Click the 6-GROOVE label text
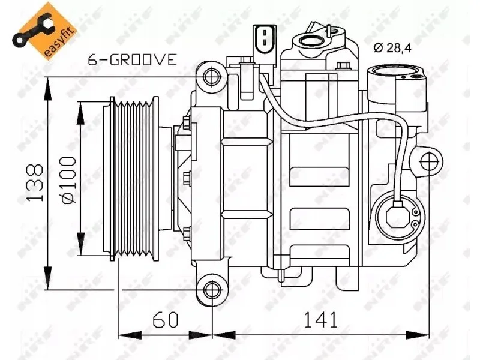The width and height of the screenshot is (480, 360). pos(132,59)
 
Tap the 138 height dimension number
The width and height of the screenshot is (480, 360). pos(35,183)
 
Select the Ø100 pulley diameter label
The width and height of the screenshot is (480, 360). pos(68,180)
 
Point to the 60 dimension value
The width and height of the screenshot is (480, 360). pos(165,320)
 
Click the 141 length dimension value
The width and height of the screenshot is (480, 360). pos(320,320)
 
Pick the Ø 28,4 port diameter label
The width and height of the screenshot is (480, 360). pos(392,48)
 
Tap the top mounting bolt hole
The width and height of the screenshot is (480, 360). pos(211,77)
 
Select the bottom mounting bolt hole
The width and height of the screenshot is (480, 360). pos(211,289)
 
